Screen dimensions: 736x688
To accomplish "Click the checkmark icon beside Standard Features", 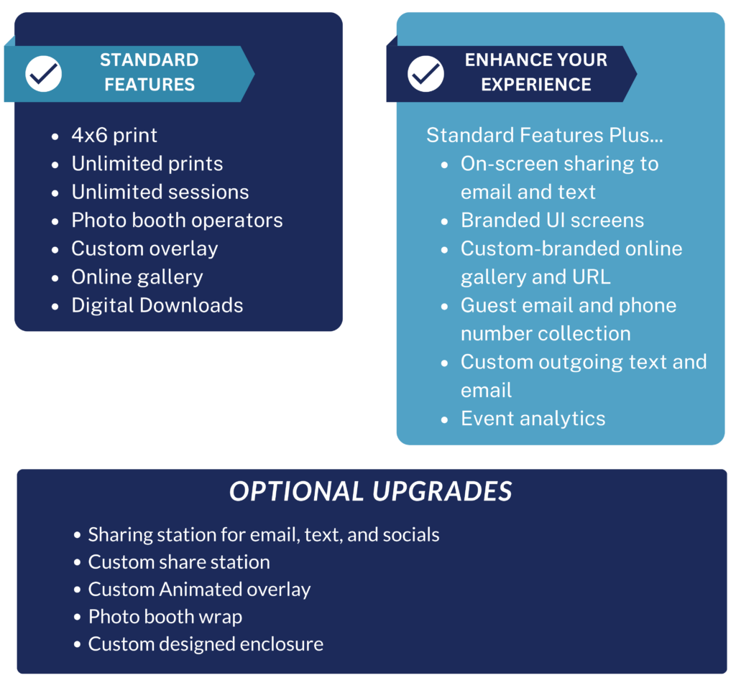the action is tap(44, 74).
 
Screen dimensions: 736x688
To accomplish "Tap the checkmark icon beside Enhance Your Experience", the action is tap(425, 74).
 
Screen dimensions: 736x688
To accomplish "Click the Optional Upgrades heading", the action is tap(370, 491).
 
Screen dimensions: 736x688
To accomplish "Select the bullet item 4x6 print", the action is tap(114, 136).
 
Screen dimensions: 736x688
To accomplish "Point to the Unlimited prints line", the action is tap(147, 164).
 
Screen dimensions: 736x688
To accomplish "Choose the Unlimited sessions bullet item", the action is tap(160, 192).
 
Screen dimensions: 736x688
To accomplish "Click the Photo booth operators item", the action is tap(177, 220).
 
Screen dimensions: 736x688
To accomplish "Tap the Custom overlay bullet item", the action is tap(144, 249).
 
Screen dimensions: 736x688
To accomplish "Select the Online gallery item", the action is tap(137, 277).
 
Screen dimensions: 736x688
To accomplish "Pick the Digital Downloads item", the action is tap(157, 305).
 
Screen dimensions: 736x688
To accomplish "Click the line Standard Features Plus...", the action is tap(545, 135).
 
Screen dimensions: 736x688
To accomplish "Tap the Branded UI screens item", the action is tap(553, 220).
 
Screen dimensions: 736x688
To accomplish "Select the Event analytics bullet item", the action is tap(533, 419).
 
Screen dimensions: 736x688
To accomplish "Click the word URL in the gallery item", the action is tap(592, 277).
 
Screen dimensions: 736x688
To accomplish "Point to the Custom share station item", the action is tap(179, 562).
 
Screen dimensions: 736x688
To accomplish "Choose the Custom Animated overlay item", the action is tap(200, 590).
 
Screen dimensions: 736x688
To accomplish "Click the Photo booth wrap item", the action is tap(165, 617).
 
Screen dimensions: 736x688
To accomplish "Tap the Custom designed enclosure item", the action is tap(206, 644).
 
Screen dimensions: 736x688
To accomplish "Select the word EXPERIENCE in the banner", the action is tap(536, 85).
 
